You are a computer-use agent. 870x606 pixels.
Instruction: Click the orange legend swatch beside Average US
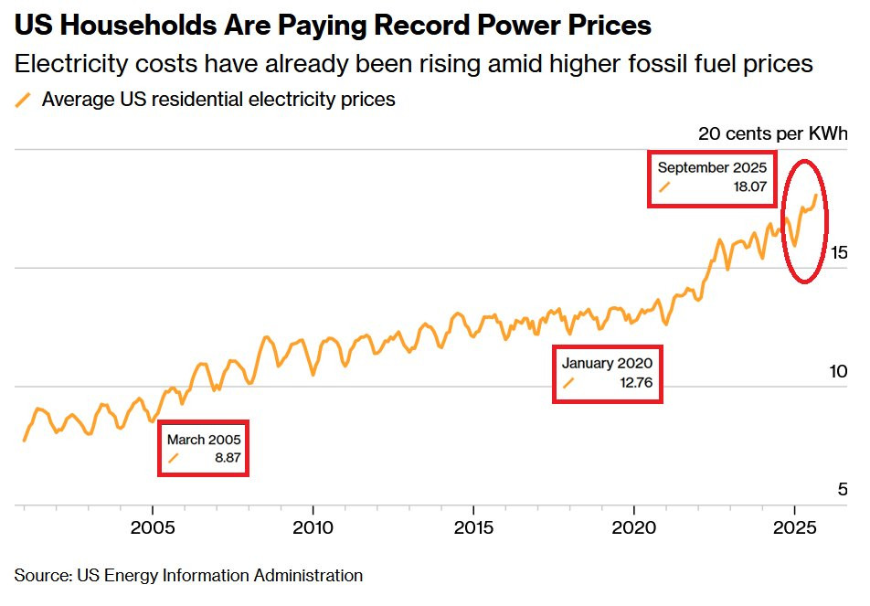[x=24, y=100]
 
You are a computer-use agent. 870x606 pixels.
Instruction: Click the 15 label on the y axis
[x=838, y=252]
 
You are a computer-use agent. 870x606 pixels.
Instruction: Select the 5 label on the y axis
[x=843, y=490]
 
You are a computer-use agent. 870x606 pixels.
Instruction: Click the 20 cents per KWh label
[x=773, y=133]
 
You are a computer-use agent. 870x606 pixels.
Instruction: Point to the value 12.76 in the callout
[x=635, y=383]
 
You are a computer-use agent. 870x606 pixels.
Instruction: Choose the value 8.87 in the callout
[x=228, y=458]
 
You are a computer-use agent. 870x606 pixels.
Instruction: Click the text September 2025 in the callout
[x=712, y=167]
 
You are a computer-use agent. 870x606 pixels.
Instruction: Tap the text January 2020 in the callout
[x=608, y=363]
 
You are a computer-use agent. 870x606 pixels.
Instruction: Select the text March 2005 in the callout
[x=203, y=440]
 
